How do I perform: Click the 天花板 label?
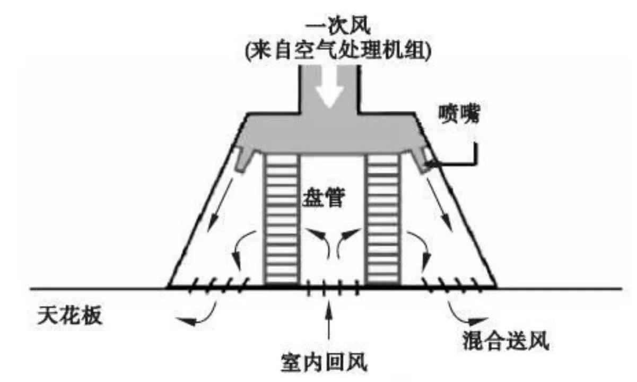point(70,316)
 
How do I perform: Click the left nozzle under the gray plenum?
point(242,159)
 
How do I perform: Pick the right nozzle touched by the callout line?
point(423,159)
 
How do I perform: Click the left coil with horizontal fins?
point(282,219)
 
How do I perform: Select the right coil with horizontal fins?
point(383,219)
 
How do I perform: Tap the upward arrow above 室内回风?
point(329,320)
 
